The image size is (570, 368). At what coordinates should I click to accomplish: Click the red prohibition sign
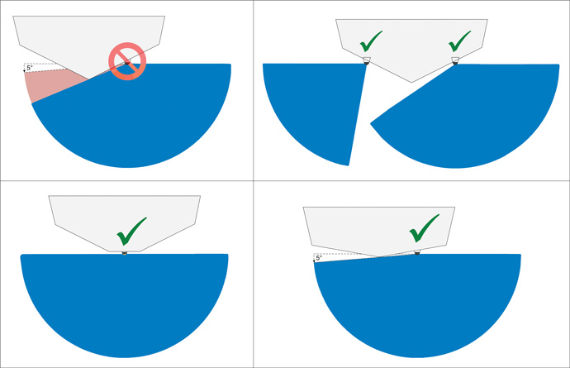127,61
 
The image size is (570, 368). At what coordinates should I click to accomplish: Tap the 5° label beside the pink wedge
30,68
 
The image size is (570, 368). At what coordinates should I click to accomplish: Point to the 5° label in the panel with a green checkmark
319,258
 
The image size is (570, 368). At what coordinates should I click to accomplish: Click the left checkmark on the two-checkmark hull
371,41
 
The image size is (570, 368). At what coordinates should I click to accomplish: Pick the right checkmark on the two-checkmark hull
459,41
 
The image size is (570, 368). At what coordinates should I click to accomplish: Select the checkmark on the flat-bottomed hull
131,232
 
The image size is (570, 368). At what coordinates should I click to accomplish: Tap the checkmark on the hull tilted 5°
425,228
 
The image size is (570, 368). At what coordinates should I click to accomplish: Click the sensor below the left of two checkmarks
367,61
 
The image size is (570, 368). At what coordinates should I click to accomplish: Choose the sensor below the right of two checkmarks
455,61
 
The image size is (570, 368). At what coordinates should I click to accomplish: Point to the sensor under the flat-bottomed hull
124,253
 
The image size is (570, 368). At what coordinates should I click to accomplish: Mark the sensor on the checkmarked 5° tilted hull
417,252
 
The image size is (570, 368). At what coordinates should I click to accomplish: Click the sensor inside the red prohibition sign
127,63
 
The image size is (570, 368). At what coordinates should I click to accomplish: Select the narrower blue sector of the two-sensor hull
316,109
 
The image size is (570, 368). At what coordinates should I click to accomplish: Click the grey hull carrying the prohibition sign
89,40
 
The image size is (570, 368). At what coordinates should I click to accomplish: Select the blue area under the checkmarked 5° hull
417,306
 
